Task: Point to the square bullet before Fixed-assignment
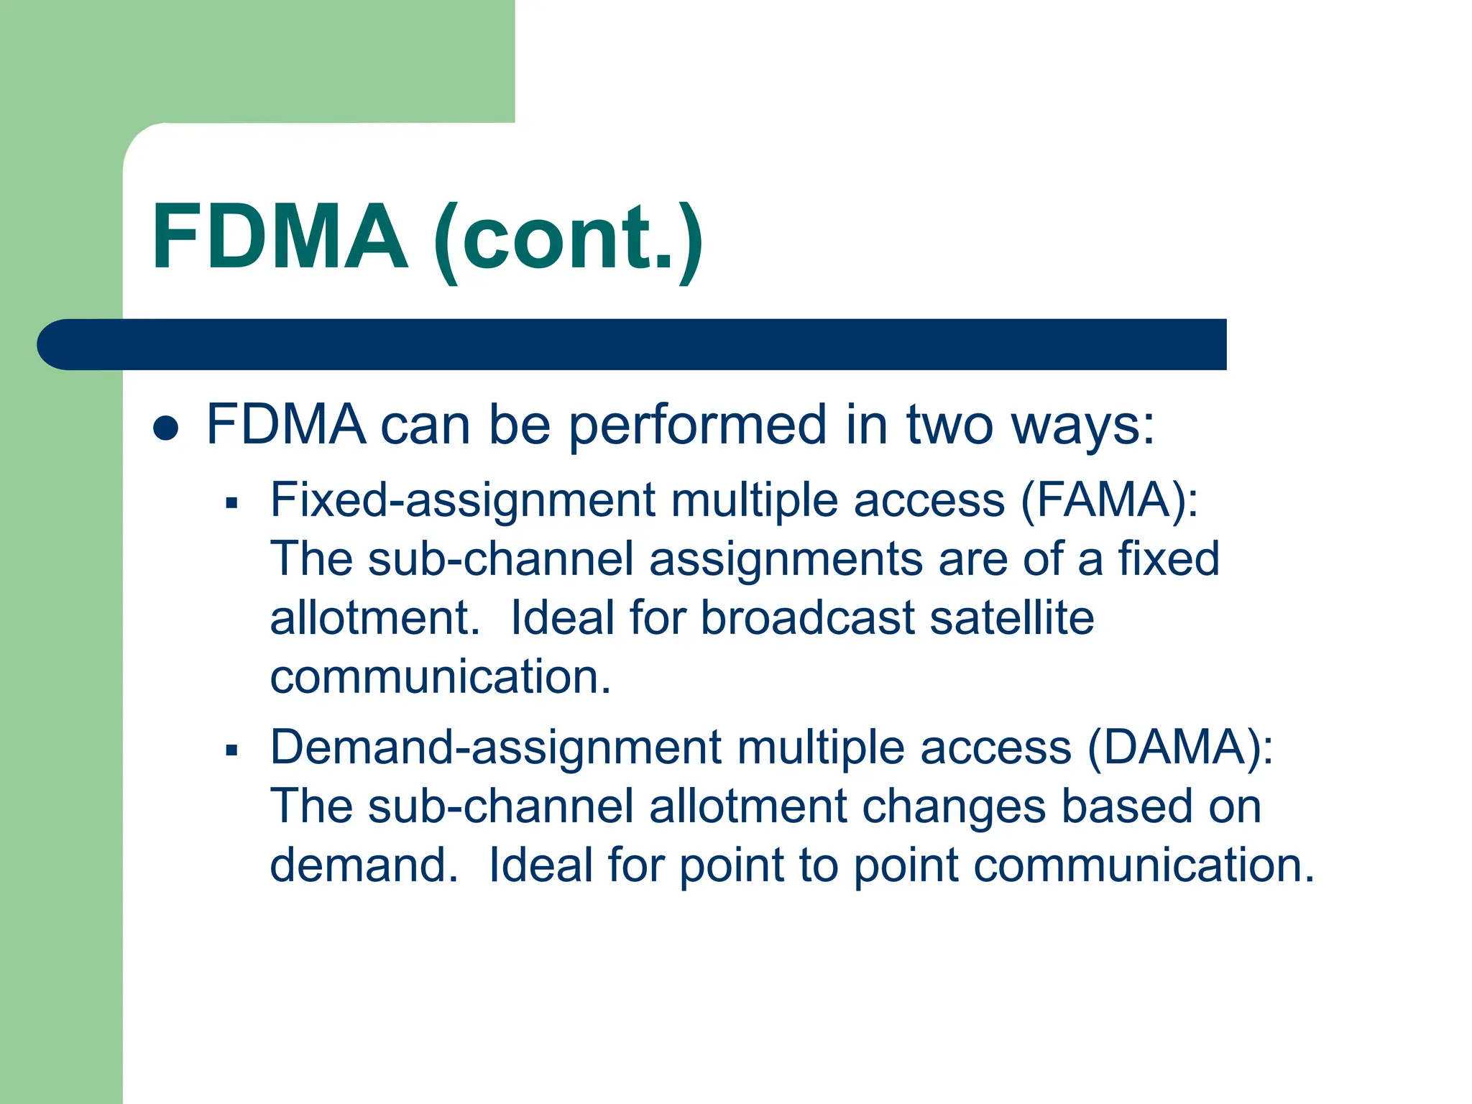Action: [x=231, y=502]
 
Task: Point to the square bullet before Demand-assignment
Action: [x=231, y=750]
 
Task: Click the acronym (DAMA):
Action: [x=1179, y=747]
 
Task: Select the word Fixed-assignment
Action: [x=462, y=501]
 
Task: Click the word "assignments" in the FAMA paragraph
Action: [x=786, y=560]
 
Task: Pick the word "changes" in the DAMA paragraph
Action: [x=953, y=807]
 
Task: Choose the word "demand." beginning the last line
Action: [x=364, y=865]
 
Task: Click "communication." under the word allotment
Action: [x=440, y=677]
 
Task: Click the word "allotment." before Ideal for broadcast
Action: [x=374, y=618]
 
